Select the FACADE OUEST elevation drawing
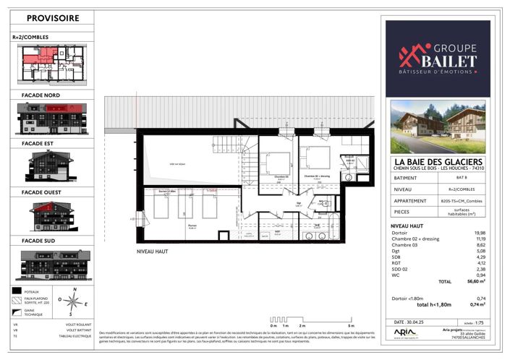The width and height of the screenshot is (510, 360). click(x=48, y=215)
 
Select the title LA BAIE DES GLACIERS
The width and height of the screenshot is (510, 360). click(x=437, y=161)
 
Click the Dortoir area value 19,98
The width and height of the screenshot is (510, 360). click(x=477, y=233)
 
